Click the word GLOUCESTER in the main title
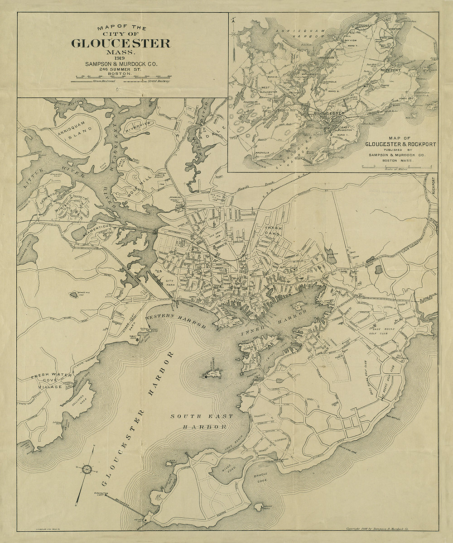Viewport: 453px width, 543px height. point(121,43)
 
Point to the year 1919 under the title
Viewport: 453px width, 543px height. point(121,58)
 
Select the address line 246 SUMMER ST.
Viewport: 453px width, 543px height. point(121,69)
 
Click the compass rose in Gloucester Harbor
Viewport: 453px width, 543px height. point(87,469)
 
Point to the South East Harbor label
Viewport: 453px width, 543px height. point(202,421)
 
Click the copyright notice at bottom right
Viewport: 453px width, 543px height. point(390,528)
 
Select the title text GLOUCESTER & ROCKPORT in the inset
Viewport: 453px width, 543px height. point(401,144)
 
